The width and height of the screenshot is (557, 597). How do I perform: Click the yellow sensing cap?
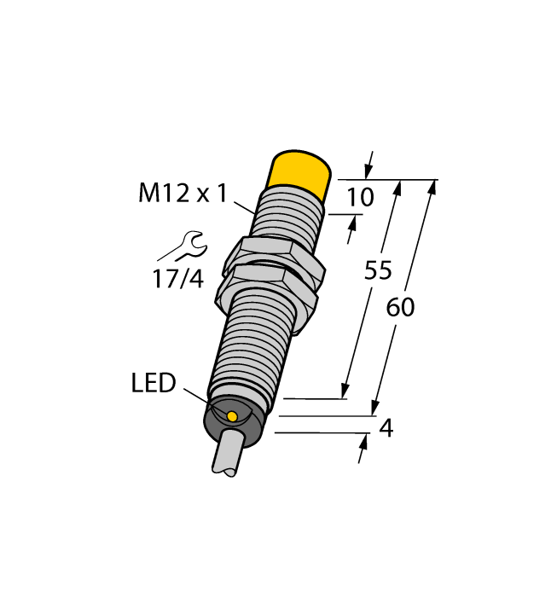300,172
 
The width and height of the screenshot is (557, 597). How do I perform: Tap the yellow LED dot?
232,415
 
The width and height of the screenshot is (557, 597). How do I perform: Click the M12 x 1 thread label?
183,194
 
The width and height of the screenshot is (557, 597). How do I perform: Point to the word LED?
154,385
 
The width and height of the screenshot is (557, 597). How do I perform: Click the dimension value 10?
361,198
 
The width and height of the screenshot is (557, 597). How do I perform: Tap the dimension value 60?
400,308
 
